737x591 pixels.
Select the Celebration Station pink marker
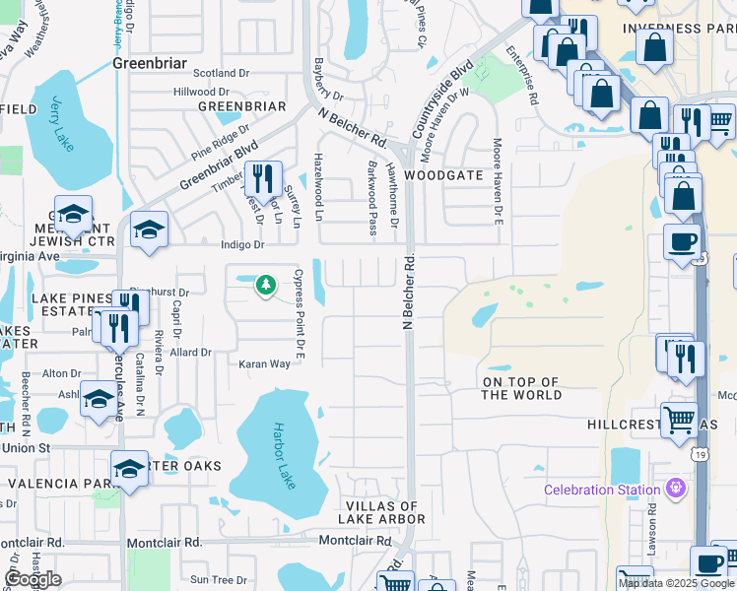[675, 489]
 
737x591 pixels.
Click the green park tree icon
[265, 286]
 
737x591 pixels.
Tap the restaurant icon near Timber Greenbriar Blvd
[263, 178]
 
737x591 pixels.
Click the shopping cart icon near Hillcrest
[679, 419]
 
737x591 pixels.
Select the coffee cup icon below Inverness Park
[682, 241]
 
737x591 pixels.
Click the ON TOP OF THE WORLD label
[521, 388]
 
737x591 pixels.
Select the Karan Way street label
[264, 363]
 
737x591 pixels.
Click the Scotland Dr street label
[222, 73]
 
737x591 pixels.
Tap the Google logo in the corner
[33, 579]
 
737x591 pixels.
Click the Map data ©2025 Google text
[676, 583]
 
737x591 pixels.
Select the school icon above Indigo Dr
[149, 230]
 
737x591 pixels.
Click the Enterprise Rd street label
[520, 75]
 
